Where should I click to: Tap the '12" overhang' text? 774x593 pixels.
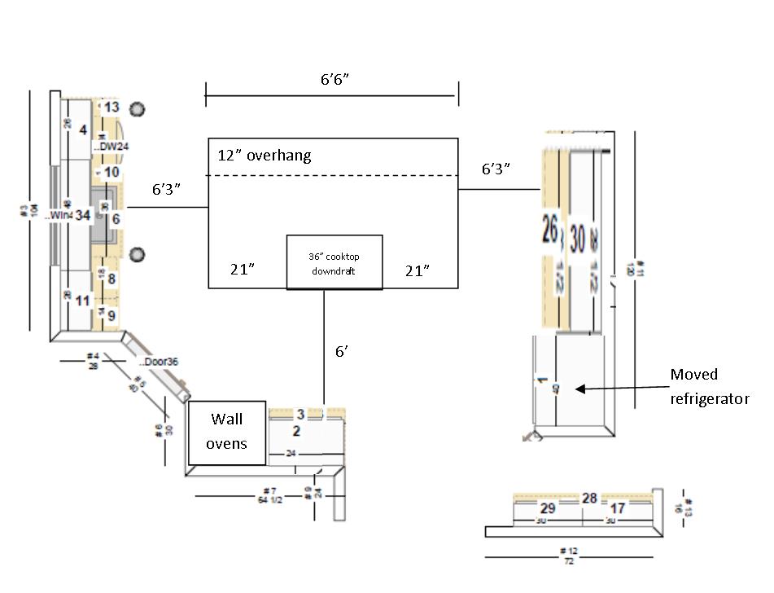coord(264,156)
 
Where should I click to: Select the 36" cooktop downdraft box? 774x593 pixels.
coord(334,262)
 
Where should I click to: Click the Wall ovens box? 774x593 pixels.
coord(227,433)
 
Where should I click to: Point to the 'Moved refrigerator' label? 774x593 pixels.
coord(708,387)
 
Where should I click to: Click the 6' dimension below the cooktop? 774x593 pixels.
coord(343,352)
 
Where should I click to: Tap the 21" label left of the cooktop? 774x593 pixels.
coord(242,270)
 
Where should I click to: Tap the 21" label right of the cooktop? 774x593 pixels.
coord(418,271)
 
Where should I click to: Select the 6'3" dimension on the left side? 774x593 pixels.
coord(166,189)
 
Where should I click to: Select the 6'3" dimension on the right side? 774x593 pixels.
coord(496,169)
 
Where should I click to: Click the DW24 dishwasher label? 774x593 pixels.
coord(114,147)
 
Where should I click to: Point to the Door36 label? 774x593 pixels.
coord(157,361)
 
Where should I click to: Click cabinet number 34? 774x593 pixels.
coord(82,216)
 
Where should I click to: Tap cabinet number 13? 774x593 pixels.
coord(112,107)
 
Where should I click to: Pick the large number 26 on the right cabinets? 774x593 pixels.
coord(550,233)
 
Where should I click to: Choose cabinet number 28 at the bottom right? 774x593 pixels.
coord(589,498)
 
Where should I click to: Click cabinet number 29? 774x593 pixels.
coord(548,508)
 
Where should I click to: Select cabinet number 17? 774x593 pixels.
coord(618,508)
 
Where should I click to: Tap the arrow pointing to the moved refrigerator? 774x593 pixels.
coord(619,389)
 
